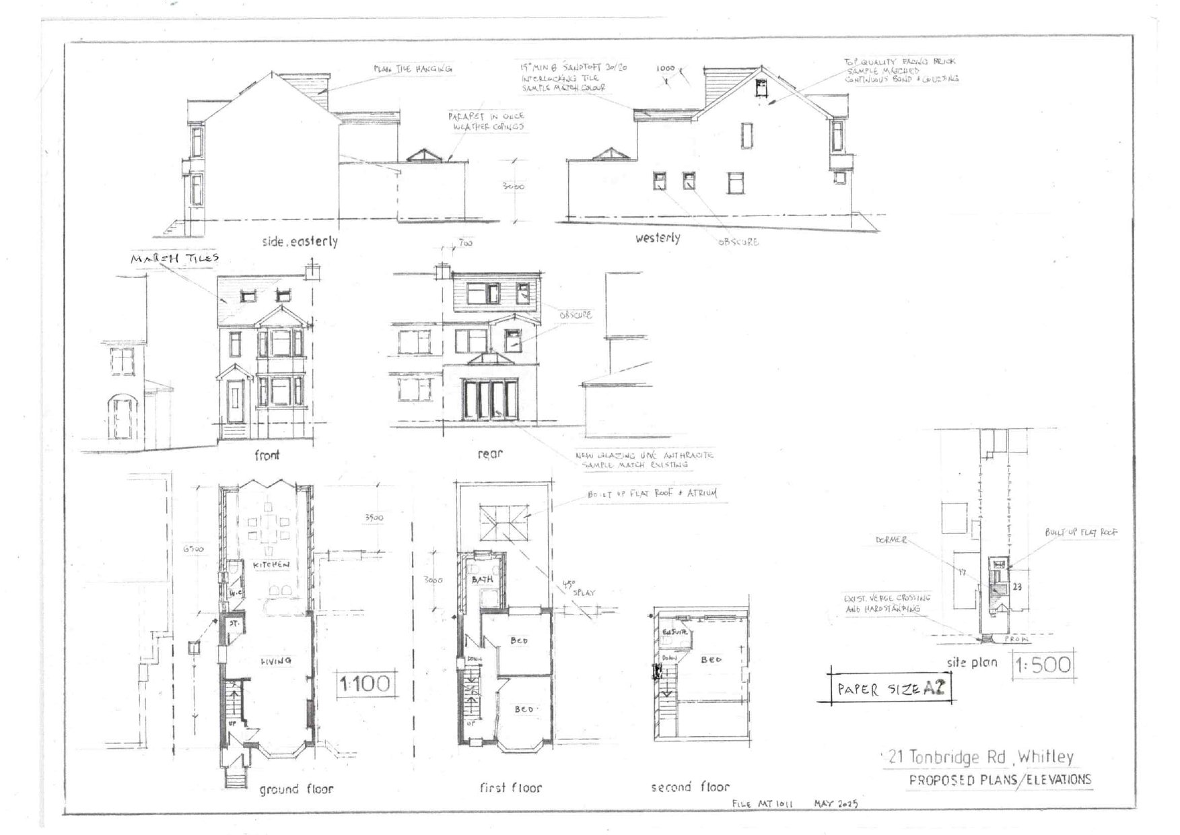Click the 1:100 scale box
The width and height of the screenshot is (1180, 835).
(x=364, y=683)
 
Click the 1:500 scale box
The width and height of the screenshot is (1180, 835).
(x=1043, y=665)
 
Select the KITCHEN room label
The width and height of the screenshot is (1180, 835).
(x=271, y=564)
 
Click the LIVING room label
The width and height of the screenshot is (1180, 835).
(x=276, y=661)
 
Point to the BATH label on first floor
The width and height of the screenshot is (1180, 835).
(x=482, y=579)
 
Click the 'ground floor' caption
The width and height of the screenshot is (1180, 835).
(x=296, y=789)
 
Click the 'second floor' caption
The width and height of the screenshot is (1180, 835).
(x=690, y=787)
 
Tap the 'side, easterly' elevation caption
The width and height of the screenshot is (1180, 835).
(x=300, y=241)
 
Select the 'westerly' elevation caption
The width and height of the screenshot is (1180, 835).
(x=658, y=238)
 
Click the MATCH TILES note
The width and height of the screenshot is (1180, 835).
(x=175, y=258)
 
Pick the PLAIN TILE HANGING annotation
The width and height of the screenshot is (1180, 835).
(x=413, y=69)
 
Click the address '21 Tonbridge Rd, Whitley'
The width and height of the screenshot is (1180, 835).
(x=981, y=757)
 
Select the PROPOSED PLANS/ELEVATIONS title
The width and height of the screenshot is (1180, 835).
(x=1000, y=780)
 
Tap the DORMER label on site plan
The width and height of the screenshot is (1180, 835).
(x=891, y=540)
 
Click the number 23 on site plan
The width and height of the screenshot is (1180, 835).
(x=1017, y=587)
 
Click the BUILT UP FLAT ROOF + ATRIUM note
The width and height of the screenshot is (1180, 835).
(x=652, y=494)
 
